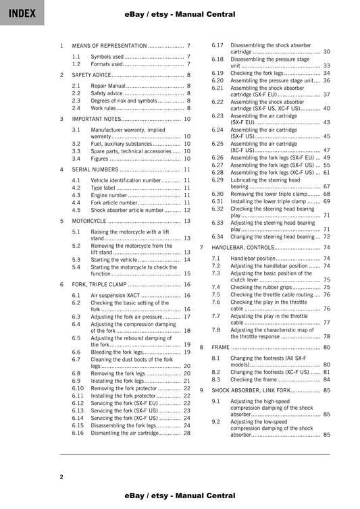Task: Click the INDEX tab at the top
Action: click(22, 13)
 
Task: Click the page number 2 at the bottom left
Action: click(61, 477)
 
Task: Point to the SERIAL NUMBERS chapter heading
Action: click(95, 169)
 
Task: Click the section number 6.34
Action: click(217, 237)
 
